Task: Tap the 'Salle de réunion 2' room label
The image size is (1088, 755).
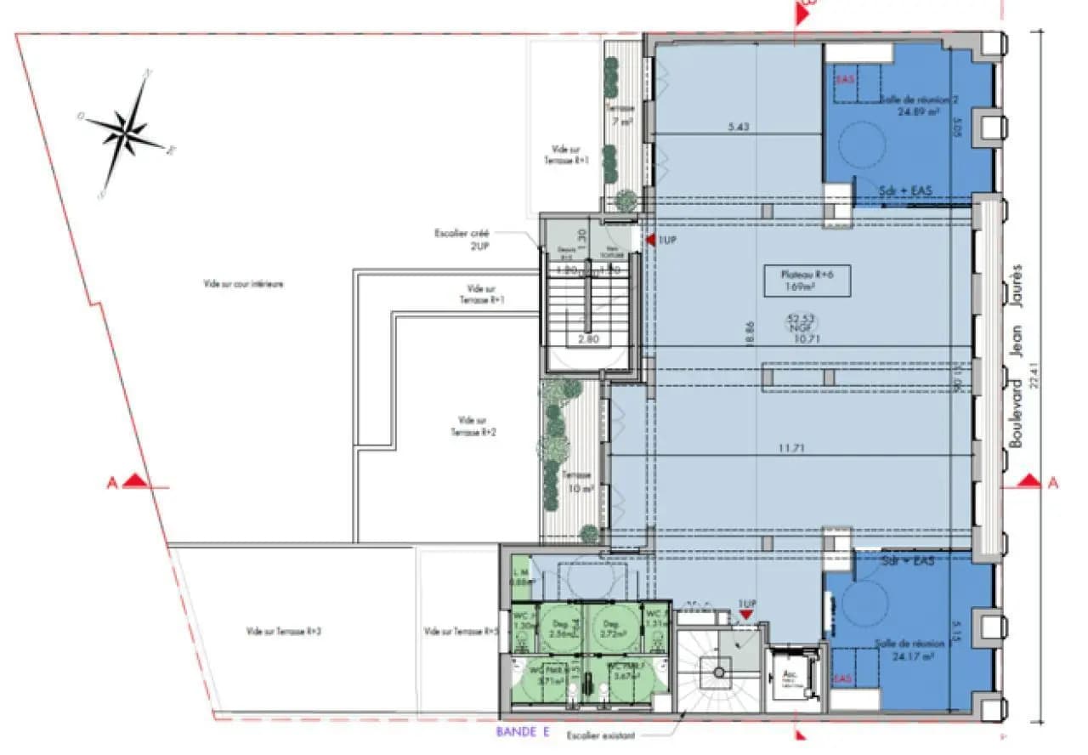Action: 918,105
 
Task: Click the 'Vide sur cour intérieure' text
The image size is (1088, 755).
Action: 243,284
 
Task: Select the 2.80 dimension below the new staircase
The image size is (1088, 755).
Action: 587,338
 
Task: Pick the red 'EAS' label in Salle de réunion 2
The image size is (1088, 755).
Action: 844,79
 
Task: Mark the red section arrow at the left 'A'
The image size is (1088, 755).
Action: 133,482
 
